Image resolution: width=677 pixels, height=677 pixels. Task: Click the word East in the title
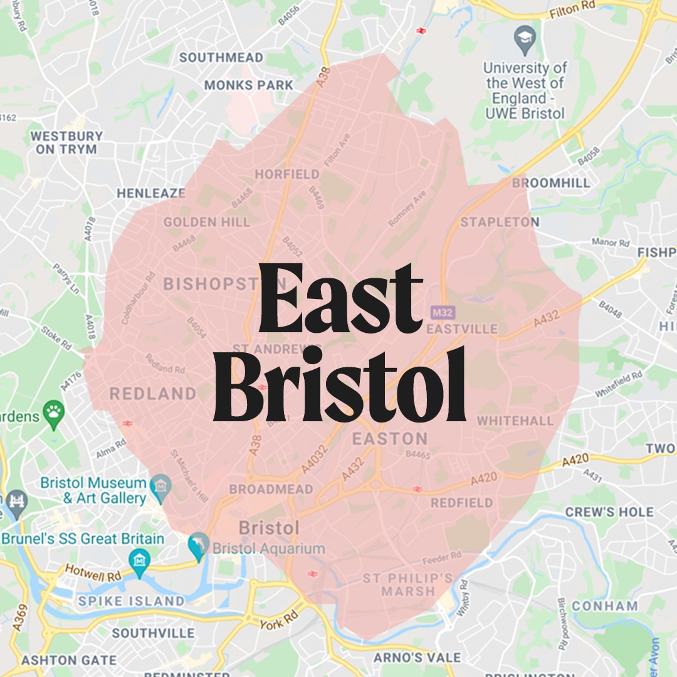coord(340,300)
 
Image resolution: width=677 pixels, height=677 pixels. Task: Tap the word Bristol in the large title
coord(340,386)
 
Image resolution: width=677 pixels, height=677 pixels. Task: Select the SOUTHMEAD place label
coord(221,58)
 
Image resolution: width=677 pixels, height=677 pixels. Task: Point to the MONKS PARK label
coord(249,85)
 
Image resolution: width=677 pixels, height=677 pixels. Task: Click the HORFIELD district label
coord(288,174)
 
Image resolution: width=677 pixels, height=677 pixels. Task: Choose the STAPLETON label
coord(500,222)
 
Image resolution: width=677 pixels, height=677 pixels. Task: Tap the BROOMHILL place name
coord(551,183)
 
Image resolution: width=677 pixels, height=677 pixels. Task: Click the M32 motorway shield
coord(443,312)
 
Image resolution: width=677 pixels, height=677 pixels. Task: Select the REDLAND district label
coord(153,394)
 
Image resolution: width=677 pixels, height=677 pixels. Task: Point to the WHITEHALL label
coord(515,421)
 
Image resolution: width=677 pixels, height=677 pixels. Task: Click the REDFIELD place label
coord(462,503)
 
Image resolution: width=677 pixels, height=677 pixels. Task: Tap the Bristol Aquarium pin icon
coord(199,546)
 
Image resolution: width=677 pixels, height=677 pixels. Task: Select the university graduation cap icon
coord(525,41)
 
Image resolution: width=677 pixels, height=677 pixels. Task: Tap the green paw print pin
coord(53,414)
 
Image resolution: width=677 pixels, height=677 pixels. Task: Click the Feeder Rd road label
coord(442,556)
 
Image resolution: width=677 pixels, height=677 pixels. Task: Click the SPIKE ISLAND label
coord(131,601)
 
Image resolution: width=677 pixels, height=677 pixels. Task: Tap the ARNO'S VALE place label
coord(417,658)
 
